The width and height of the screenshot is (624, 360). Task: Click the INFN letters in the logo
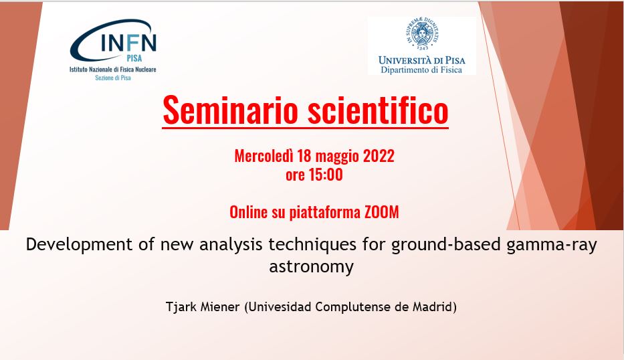point(128,42)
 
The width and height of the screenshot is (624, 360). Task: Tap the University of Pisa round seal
point(422,33)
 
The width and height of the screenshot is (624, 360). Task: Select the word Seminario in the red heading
point(231,110)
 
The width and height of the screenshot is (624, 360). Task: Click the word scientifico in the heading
point(378,110)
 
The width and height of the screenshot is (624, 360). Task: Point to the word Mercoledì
point(263,156)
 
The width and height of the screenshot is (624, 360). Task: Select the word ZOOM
point(382,212)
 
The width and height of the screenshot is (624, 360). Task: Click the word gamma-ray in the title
point(552,244)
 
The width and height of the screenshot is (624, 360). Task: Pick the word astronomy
point(311,266)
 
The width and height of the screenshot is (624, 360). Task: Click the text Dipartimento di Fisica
point(421,70)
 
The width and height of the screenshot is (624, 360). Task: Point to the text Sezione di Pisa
point(113,78)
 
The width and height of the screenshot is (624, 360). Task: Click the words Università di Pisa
point(422,60)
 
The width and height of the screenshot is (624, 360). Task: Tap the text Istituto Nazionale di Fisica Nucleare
point(113,70)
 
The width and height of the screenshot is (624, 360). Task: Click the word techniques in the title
point(312,244)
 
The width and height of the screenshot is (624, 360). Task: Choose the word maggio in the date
point(334,157)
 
